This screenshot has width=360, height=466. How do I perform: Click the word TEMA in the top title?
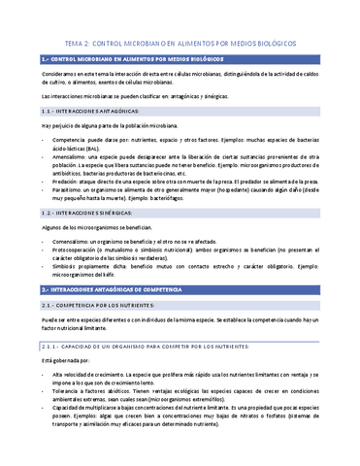point(73,45)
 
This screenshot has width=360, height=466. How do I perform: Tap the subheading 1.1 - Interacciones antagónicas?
point(87,112)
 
